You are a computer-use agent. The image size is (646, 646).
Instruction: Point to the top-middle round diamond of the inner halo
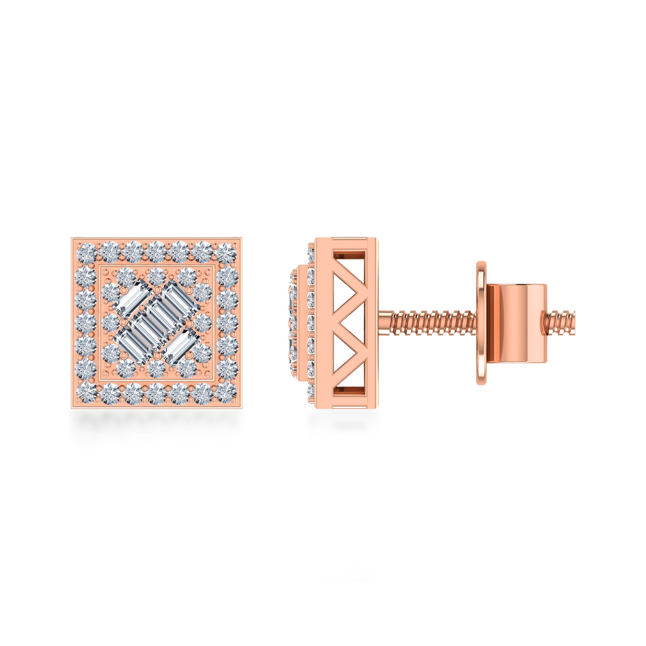point(156,276)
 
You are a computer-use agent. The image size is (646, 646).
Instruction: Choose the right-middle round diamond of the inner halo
point(202,322)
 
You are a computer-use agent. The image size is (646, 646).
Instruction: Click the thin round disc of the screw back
point(481,323)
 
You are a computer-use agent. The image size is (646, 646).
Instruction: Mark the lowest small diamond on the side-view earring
point(311,391)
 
